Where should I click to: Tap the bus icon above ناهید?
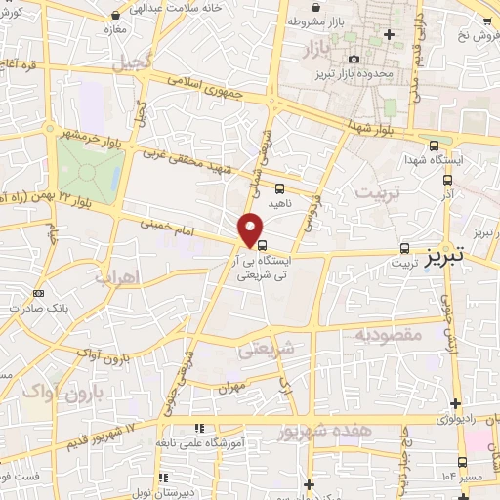coord(280,188)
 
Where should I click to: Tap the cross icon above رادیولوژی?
coord(456,403)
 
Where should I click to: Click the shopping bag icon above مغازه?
coord(117,17)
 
